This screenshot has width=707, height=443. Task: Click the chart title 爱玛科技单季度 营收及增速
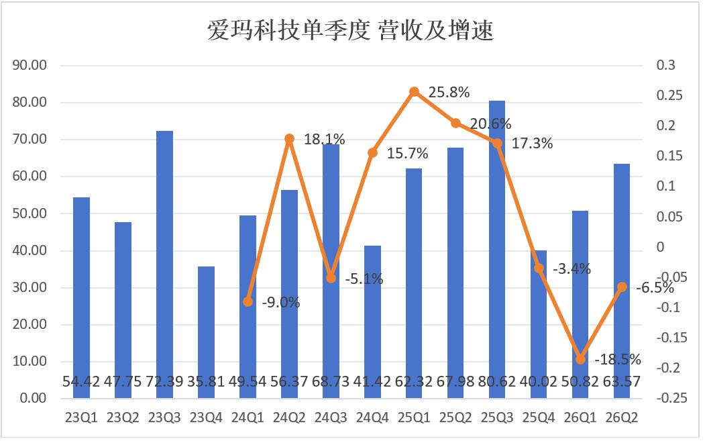350,31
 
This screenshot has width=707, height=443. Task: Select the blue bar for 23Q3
164,264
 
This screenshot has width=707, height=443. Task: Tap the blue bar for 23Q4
206,332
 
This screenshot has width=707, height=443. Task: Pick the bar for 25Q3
497,250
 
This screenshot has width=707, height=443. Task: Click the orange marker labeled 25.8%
415,92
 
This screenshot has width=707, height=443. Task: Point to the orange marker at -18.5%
580,360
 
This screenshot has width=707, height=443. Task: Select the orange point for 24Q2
290,138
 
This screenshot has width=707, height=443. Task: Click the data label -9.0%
281,302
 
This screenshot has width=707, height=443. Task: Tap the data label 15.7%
407,154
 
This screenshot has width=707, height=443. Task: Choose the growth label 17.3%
532,144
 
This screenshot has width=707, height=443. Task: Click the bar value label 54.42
81,382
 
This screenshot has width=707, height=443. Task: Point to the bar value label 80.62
497,382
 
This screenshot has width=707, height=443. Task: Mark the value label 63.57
622,382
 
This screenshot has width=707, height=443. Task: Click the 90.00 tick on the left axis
30,65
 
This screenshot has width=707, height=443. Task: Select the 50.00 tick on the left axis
30,213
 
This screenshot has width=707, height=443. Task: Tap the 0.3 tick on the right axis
666,65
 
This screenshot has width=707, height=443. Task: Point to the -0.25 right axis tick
672,398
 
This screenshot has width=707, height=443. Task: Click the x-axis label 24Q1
248,417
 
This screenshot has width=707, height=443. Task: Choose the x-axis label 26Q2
622,417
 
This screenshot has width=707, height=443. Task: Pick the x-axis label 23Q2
123,417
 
